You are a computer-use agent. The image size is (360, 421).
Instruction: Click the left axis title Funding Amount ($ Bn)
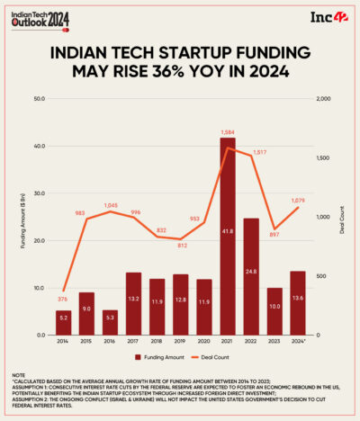coord(22,217)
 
